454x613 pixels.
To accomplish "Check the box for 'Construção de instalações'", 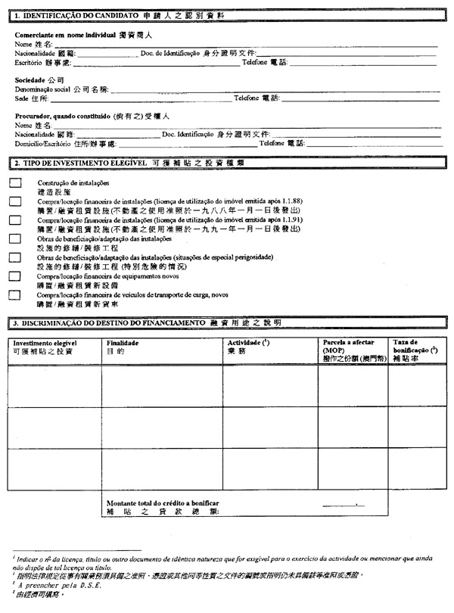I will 15,184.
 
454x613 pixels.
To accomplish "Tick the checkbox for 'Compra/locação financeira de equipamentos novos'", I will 15,276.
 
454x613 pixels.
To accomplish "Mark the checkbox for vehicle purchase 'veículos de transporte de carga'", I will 15,294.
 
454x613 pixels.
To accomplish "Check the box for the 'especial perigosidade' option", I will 15,257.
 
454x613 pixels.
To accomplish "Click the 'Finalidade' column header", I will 121,343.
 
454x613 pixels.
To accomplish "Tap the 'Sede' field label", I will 22,98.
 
